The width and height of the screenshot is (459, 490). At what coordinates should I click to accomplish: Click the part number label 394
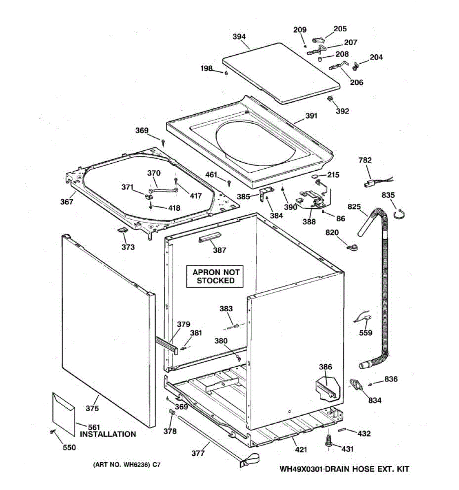click(x=239, y=37)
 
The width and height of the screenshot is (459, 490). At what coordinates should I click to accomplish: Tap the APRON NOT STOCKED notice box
click(x=216, y=276)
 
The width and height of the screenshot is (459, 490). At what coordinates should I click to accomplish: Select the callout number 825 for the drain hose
click(x=354, y=207)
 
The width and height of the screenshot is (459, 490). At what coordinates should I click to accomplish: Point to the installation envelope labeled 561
click(x=64, y=413)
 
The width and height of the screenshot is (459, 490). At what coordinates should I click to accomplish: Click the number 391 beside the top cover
click(x=311, y=116)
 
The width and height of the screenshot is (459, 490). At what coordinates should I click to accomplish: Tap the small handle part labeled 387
click(x=209, y=238)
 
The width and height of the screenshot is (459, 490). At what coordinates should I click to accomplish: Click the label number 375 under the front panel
click(x=92, y=408)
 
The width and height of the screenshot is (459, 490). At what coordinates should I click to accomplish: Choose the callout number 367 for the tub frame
click(x=67, y=201)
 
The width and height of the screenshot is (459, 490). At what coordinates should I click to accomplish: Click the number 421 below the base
click(x=301, y=450)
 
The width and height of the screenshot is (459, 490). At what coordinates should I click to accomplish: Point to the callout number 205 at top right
click(x=340, y=29)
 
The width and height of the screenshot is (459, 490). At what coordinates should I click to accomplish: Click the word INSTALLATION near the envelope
click(x=108, y=434)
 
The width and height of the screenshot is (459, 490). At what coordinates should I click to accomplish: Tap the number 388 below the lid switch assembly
click(x=309, y=221)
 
